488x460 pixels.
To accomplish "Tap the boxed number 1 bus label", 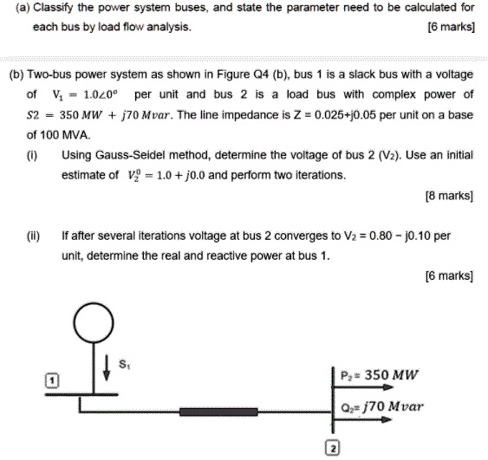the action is pyautogui.click(x=52, y=381).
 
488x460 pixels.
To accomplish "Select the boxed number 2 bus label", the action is pyautogui.click(x=331, y=447).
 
